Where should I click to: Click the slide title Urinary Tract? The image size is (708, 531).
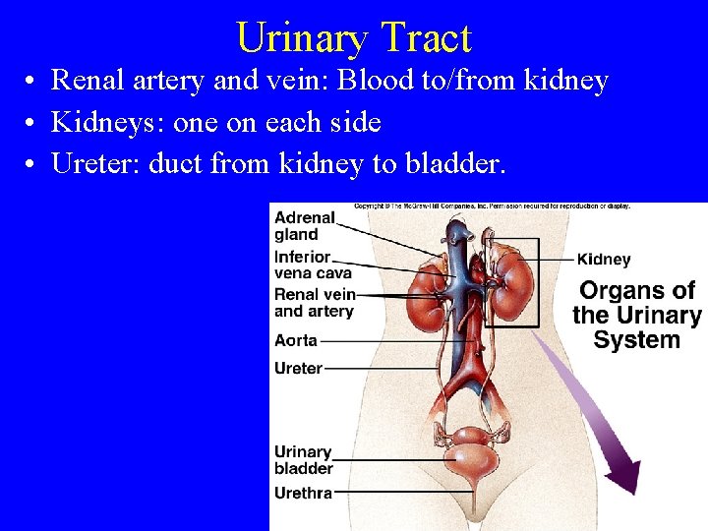tap(354, 37)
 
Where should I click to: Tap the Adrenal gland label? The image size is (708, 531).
tap(304, 225)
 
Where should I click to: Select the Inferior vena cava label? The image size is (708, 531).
tap(312, 265)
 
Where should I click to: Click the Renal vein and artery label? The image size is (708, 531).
tap(314, 302)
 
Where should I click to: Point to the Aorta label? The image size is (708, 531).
tap(296, 340)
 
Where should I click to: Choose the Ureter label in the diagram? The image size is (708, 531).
tap(298, 368)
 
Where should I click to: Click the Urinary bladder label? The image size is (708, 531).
tap(303, 460)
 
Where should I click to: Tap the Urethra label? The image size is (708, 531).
tap(303, 493)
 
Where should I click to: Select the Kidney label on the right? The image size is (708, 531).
tap(604, 260)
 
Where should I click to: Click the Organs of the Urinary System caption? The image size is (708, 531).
tap(636, 316)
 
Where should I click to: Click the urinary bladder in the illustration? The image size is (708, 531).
tap(476, 452)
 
